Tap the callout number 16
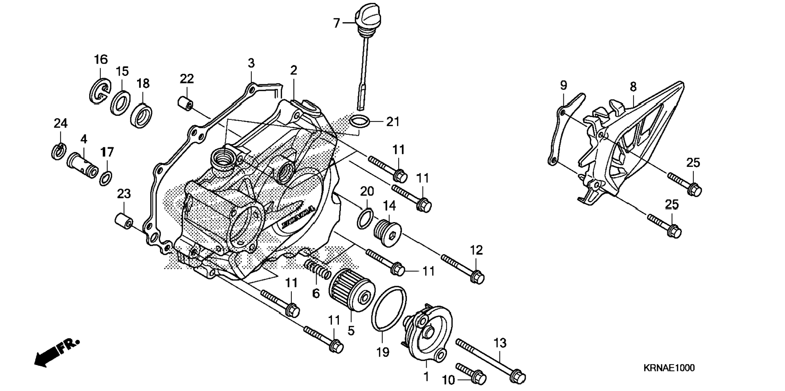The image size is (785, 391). pos(101,60)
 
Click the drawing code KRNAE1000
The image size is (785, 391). pos(669,368)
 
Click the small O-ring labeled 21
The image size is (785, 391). pos(360,121)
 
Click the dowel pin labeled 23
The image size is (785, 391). pos(124,221)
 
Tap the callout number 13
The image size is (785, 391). pos(500,343)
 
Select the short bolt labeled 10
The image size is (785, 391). pos(471,373)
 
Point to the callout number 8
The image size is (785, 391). pos(633,87)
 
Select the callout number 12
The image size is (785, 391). pos(477,250)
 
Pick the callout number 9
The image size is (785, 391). pos(563,85)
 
